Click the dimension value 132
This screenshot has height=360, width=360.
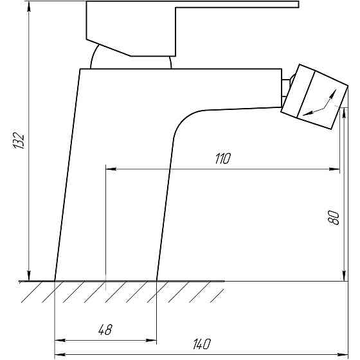point(19,141)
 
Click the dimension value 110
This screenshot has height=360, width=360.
point(222,158)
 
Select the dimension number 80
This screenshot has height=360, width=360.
point(334,218)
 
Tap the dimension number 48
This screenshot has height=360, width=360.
point(105,330)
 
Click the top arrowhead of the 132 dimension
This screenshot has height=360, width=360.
point(29,6)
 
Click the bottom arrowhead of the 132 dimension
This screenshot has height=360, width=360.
point(29,276)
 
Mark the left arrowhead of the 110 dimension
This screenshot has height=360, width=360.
point(111,169)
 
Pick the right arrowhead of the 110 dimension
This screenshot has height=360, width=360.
point(334,169)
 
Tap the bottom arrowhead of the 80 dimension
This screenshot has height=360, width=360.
point(344,276)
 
